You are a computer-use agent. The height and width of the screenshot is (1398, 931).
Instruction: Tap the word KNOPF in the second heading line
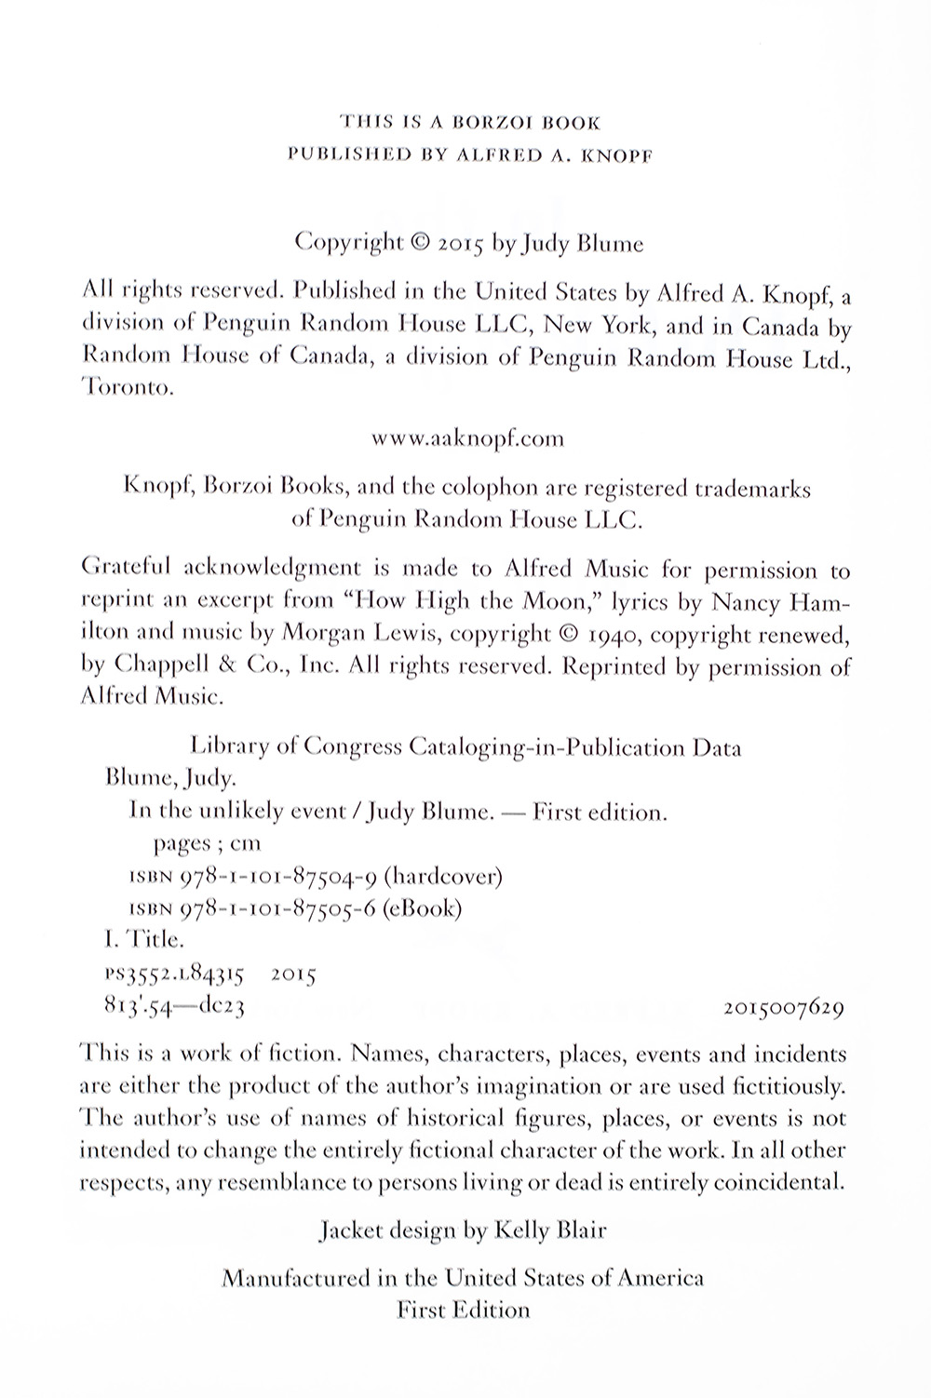tap(619, 155)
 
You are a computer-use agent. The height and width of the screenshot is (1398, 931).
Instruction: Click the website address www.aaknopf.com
tap(466, 438)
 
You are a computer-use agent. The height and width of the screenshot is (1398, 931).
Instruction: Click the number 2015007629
tap(782, 1007)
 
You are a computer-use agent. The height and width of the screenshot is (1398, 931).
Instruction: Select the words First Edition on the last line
tap(463, 1310)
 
